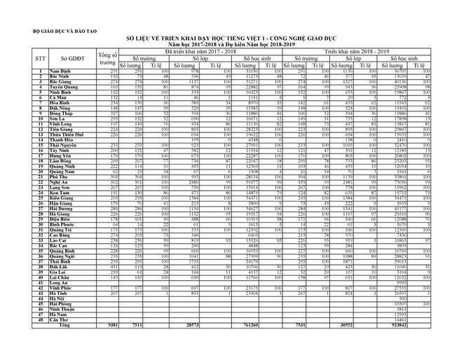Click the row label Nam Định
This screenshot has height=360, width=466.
[62, 72]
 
